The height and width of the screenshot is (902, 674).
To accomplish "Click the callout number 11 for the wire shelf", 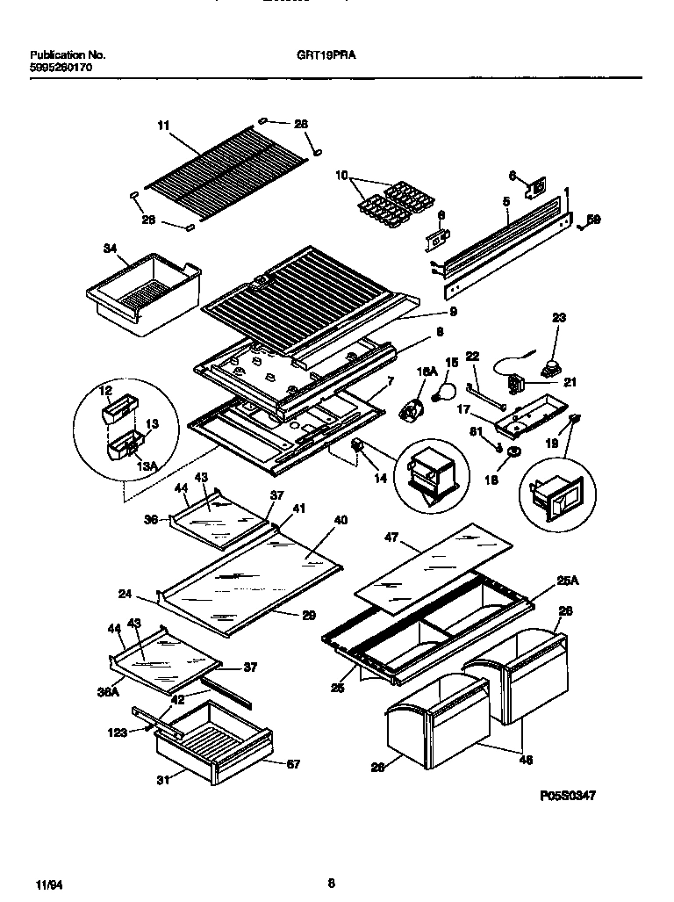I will pos(163,126).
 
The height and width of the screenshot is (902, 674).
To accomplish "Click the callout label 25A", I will pos(568,580).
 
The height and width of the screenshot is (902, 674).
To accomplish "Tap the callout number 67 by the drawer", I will pos(292,764).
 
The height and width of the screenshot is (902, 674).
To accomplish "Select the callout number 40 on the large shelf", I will pos(340,521).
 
